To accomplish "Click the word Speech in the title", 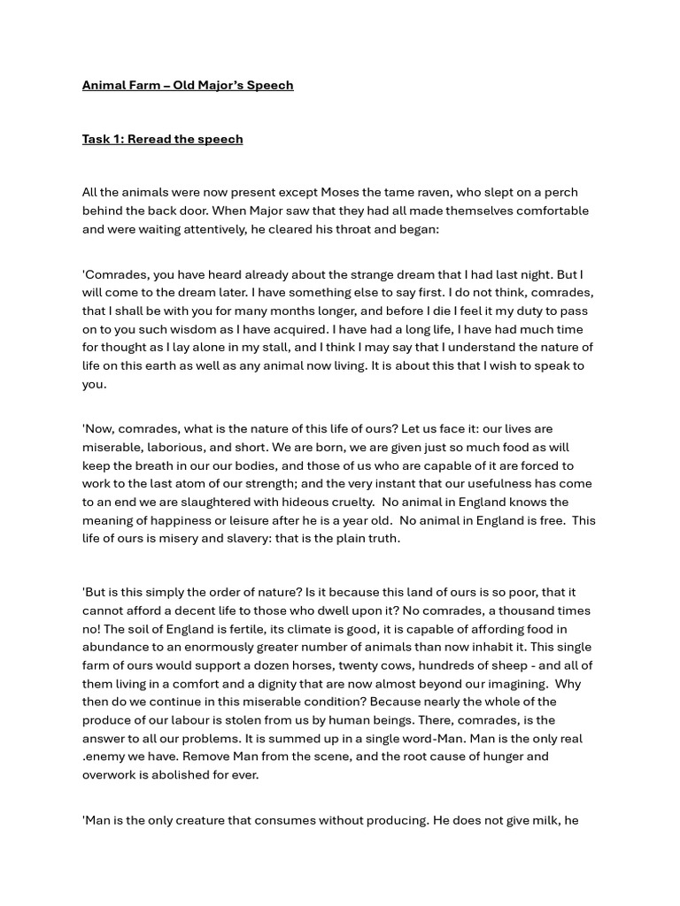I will click(x=270, y=85).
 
